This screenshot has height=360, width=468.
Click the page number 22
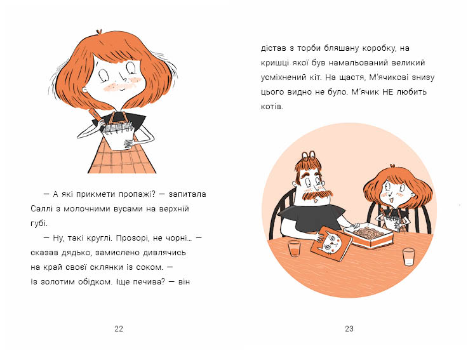tap(119, 329)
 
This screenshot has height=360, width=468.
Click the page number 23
tap(349, 329)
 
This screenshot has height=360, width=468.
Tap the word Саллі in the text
tap(41, 209)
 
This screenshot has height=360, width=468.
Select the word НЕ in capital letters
tap(388, 91)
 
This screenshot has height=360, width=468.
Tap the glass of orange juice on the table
tap(294, 248)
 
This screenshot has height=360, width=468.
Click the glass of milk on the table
tap(408, 257)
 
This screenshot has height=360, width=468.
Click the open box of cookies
tap(369, 235)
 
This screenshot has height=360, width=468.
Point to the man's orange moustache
tap(317, 195)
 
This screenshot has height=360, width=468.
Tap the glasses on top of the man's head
tap(309, 155)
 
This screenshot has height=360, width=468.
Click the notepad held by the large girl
tap(119, 135)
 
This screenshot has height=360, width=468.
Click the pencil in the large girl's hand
tap(95, 118)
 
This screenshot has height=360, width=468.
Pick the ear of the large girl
tap(85, 90)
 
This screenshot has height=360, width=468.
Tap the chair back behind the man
tap(281, 212)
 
